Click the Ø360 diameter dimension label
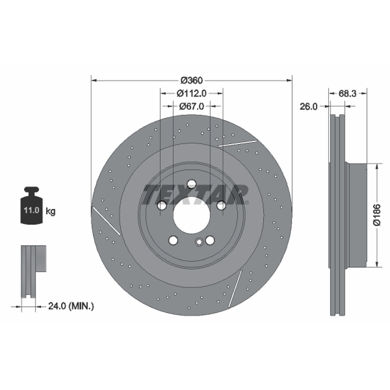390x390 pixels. click(192, 80)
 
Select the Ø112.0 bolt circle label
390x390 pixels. click(192, 93)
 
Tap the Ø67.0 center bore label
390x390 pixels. click(192, 106)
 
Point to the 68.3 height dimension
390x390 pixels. click(348, 94)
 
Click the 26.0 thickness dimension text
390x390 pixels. click(309, 106)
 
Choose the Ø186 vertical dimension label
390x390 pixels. click(377, 215)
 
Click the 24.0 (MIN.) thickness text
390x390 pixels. click(71, 306)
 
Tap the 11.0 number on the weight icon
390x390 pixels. click(32, 210)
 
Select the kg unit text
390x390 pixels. click(51, 212)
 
